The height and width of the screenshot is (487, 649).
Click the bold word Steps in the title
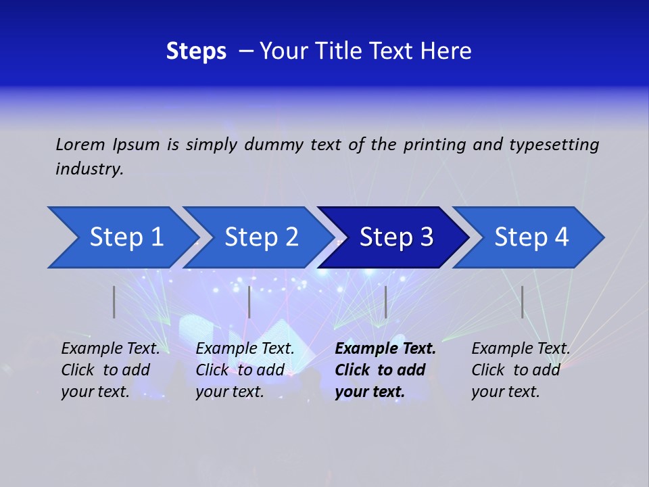tap(196, 51)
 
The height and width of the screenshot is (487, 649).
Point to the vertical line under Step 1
tap(114, 302)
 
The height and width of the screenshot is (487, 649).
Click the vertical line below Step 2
tap(249, 302)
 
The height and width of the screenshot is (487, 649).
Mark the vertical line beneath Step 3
tap(385, 302)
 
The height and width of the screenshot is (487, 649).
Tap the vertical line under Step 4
tap(522, 302)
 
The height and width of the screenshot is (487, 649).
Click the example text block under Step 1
tap(110, 370)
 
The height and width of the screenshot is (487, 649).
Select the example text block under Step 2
tap(245, 370)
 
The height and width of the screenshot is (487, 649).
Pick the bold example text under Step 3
tap(385, 370)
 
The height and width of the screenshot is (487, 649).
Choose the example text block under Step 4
tap(521, 370)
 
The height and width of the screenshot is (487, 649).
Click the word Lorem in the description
tap(80, 144)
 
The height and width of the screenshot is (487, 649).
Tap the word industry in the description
tap(89, 169)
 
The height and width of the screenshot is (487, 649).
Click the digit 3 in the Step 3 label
tap(426, 237)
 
